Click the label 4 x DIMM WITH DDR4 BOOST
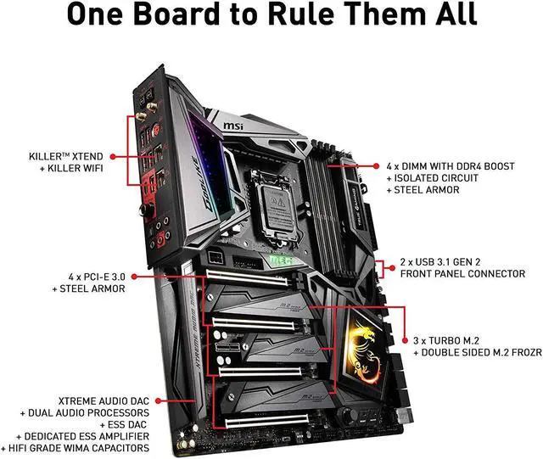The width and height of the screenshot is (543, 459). tap(450, 166)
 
